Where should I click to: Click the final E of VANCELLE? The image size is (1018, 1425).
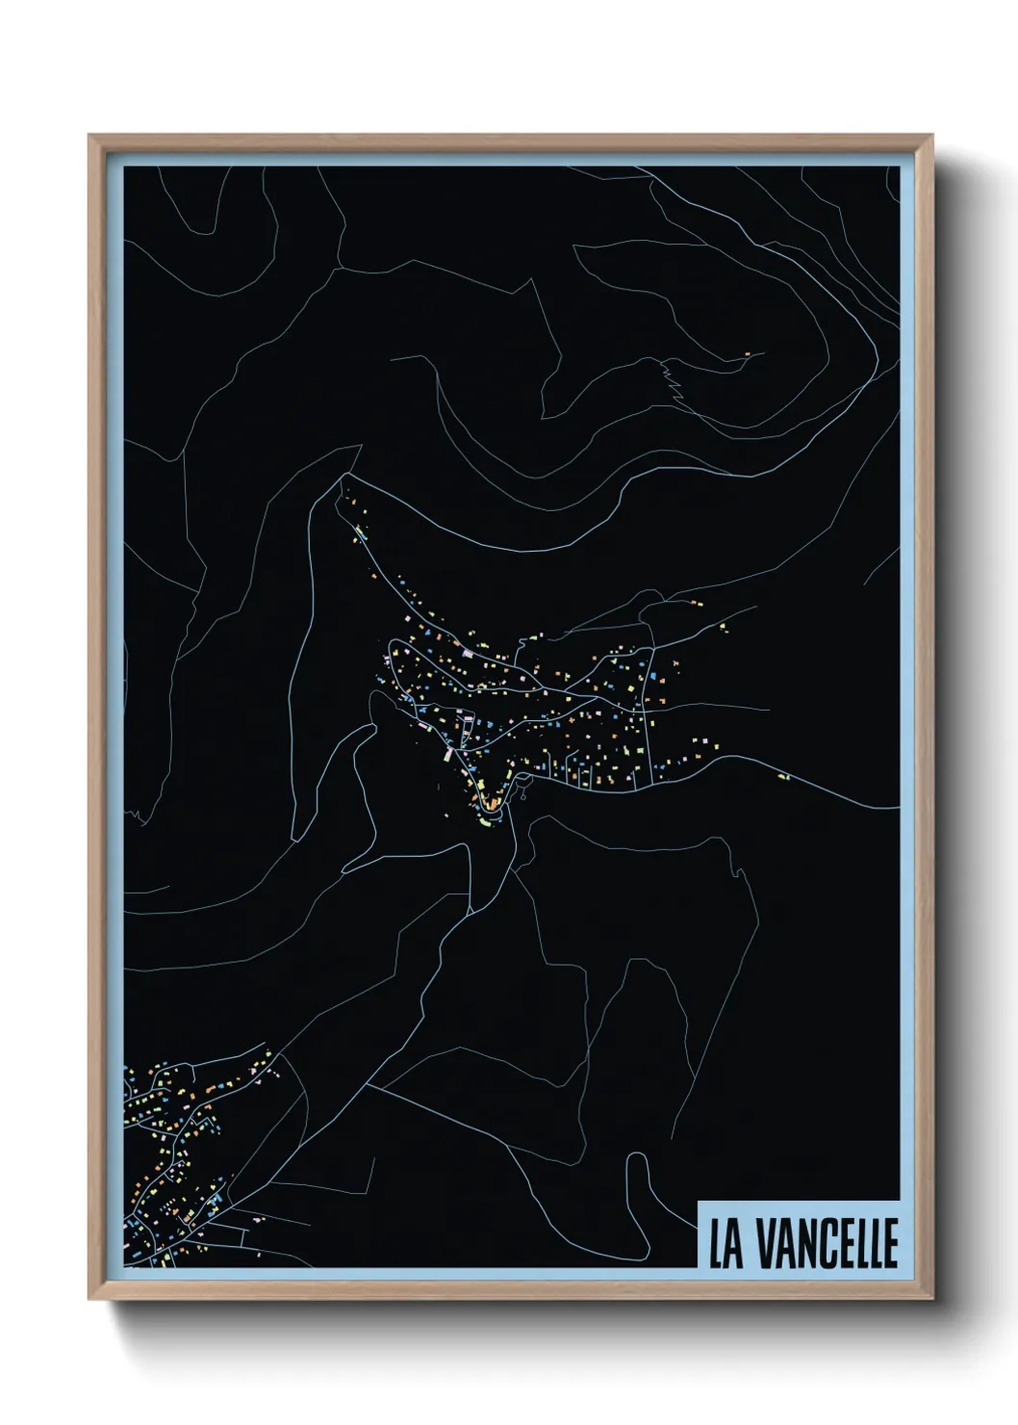(889, 1244)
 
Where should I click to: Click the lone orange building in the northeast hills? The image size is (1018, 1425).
(747, 354)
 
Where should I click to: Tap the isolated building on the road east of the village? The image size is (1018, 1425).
(782, 776)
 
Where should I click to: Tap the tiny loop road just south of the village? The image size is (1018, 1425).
(523, 795)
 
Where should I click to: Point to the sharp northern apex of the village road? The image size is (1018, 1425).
(343, 479)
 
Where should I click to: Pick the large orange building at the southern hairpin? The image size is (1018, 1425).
(492, 801)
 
